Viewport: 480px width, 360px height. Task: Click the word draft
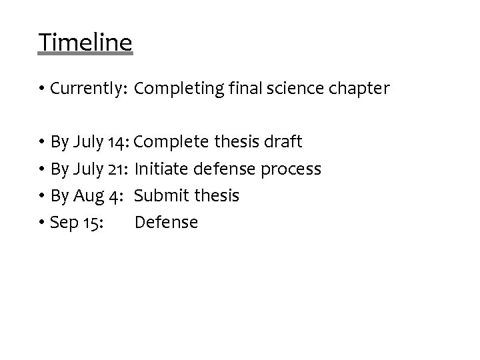pos(283,142)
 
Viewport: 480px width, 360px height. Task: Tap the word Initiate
pos(159,169)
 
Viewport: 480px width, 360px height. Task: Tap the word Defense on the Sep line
pos(166,223)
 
